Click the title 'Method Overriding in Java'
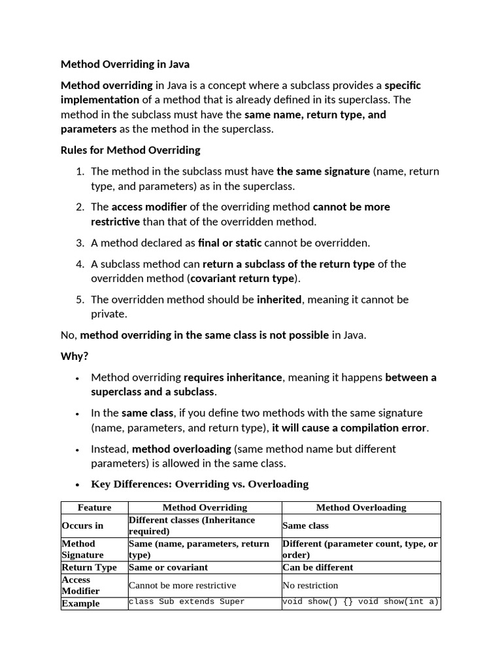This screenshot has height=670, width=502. pos(125,65)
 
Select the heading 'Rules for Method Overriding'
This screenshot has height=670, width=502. pos(130,150)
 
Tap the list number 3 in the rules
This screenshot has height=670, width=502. pos(80,243)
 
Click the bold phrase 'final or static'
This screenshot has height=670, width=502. pos(229,243)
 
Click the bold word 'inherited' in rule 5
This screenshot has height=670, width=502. pos(279,300)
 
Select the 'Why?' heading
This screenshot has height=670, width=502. pos(74,356)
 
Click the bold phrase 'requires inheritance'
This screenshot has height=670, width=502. pos(233,378)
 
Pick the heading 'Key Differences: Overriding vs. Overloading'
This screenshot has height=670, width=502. pos(199,484)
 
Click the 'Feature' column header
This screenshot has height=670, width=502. pos(94,508)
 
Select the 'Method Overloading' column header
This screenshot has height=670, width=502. pos(361,508)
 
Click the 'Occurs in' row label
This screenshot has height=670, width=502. pos(82,525)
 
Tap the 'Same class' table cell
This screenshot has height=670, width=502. pos(305,525)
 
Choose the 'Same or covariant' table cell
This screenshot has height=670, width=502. pos(169,567)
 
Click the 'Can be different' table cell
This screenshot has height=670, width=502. pos(318,567)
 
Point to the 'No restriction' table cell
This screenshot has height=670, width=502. pos(310,586)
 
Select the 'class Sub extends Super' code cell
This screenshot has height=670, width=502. pos(187,602)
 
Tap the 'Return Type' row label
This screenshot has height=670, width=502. pos(90,567)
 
